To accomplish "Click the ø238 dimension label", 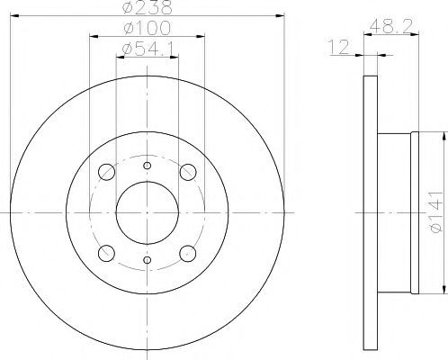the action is tap(147, 7).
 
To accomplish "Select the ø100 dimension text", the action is tap(147, 28).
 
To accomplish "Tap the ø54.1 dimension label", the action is tap(148, 49).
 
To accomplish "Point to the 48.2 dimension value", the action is tap(390, 27).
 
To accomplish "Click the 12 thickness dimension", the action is tap(339, 48).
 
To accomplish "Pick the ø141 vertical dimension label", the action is tap(436, 211).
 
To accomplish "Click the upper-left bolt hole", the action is tap(106, 172).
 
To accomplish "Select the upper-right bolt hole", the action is tap(188, 172).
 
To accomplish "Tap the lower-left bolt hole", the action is tap(106, 253).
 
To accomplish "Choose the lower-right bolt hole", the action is tap(188, 253).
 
